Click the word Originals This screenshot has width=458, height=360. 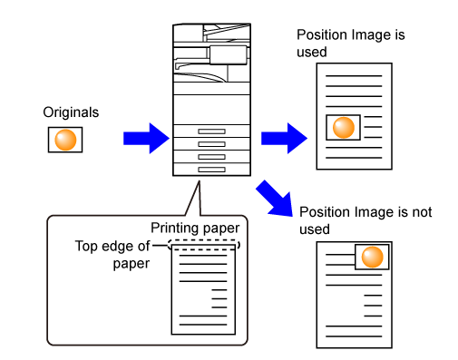click(71, 112)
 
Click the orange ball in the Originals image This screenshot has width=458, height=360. click(65, 140)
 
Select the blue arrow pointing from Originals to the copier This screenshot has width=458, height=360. click(146, 139)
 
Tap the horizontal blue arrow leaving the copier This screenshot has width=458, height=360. click(284, 139)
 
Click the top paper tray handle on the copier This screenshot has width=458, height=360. click(211, 131)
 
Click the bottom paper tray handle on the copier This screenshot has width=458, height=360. click(211, 170)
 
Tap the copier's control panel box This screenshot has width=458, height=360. click(229, 55)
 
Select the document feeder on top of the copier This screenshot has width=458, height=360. click(211, 33)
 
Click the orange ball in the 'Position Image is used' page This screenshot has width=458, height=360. click(344, 128)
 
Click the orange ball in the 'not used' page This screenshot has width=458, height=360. click(372, 257)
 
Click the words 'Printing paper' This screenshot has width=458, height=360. click(195, 228)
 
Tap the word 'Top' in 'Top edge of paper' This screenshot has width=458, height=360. click(87, 246)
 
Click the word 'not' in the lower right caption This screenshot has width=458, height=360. click(422, 212)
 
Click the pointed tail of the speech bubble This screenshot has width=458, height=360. click(200, 181)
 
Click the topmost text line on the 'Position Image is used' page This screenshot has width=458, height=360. click(354, 76)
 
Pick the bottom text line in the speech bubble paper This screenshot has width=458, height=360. click(203, 325)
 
